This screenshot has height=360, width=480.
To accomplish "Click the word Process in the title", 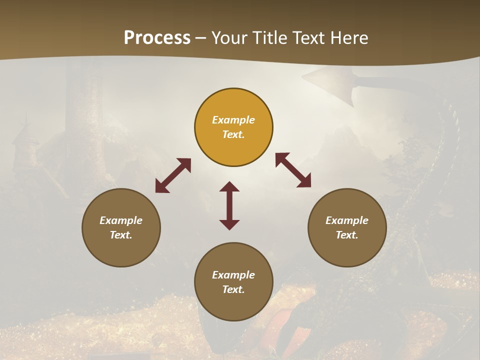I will (x=157, y=38).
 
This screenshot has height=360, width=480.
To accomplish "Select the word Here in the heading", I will (x=348, y=38).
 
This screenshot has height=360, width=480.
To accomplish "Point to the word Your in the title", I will (x=229, y=38).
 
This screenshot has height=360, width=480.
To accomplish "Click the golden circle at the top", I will (x=233, y=127).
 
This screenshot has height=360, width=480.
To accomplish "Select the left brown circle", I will (x=121, y=227).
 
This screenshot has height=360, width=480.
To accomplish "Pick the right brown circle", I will (x=347, y=227).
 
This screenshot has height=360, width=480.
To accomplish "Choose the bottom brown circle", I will (x=233, y=281).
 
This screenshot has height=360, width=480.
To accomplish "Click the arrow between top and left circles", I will (x=173, y=175).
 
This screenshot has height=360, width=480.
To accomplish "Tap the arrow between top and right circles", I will (x=293, y=170).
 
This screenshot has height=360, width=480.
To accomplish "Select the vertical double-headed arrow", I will (x=229, y=205).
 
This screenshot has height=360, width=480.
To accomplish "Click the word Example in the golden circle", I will (x=233, y=120).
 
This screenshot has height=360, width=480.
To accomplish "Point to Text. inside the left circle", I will (x=121, y=235).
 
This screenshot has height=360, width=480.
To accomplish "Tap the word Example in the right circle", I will (x=347, y=220).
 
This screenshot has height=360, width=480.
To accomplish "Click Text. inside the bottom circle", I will (x=233, y=289).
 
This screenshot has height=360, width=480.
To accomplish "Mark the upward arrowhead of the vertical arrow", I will (x=229, y=187).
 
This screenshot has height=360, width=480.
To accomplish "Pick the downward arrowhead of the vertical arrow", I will (x=229, y=224).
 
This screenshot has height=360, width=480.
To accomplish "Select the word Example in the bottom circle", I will (x=233, y=274).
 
